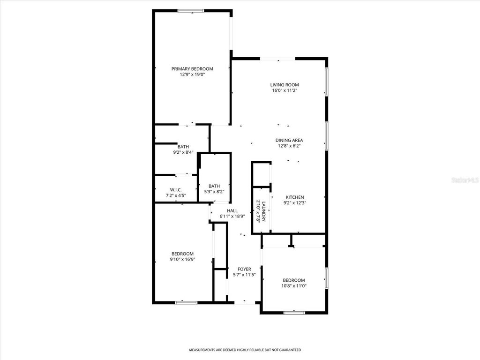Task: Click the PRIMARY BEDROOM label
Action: coord(192,69)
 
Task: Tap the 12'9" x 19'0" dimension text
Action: coord(192,75)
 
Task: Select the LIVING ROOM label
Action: coord(284,85)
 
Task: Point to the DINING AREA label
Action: coord(289,140)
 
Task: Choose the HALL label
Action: coord(232,211)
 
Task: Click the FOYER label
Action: coord(244,269)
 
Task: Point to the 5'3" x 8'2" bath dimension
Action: coord(214,192)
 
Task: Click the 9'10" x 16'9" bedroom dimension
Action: coord(182,259)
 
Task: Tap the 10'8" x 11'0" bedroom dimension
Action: coord(294,285)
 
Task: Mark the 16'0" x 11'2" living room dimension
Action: coord(284,90)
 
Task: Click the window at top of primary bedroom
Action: coord(190,10)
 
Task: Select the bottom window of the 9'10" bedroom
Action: coord(186,302)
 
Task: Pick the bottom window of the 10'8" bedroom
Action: coord(294,312)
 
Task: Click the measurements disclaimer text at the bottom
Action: coord(245,350)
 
